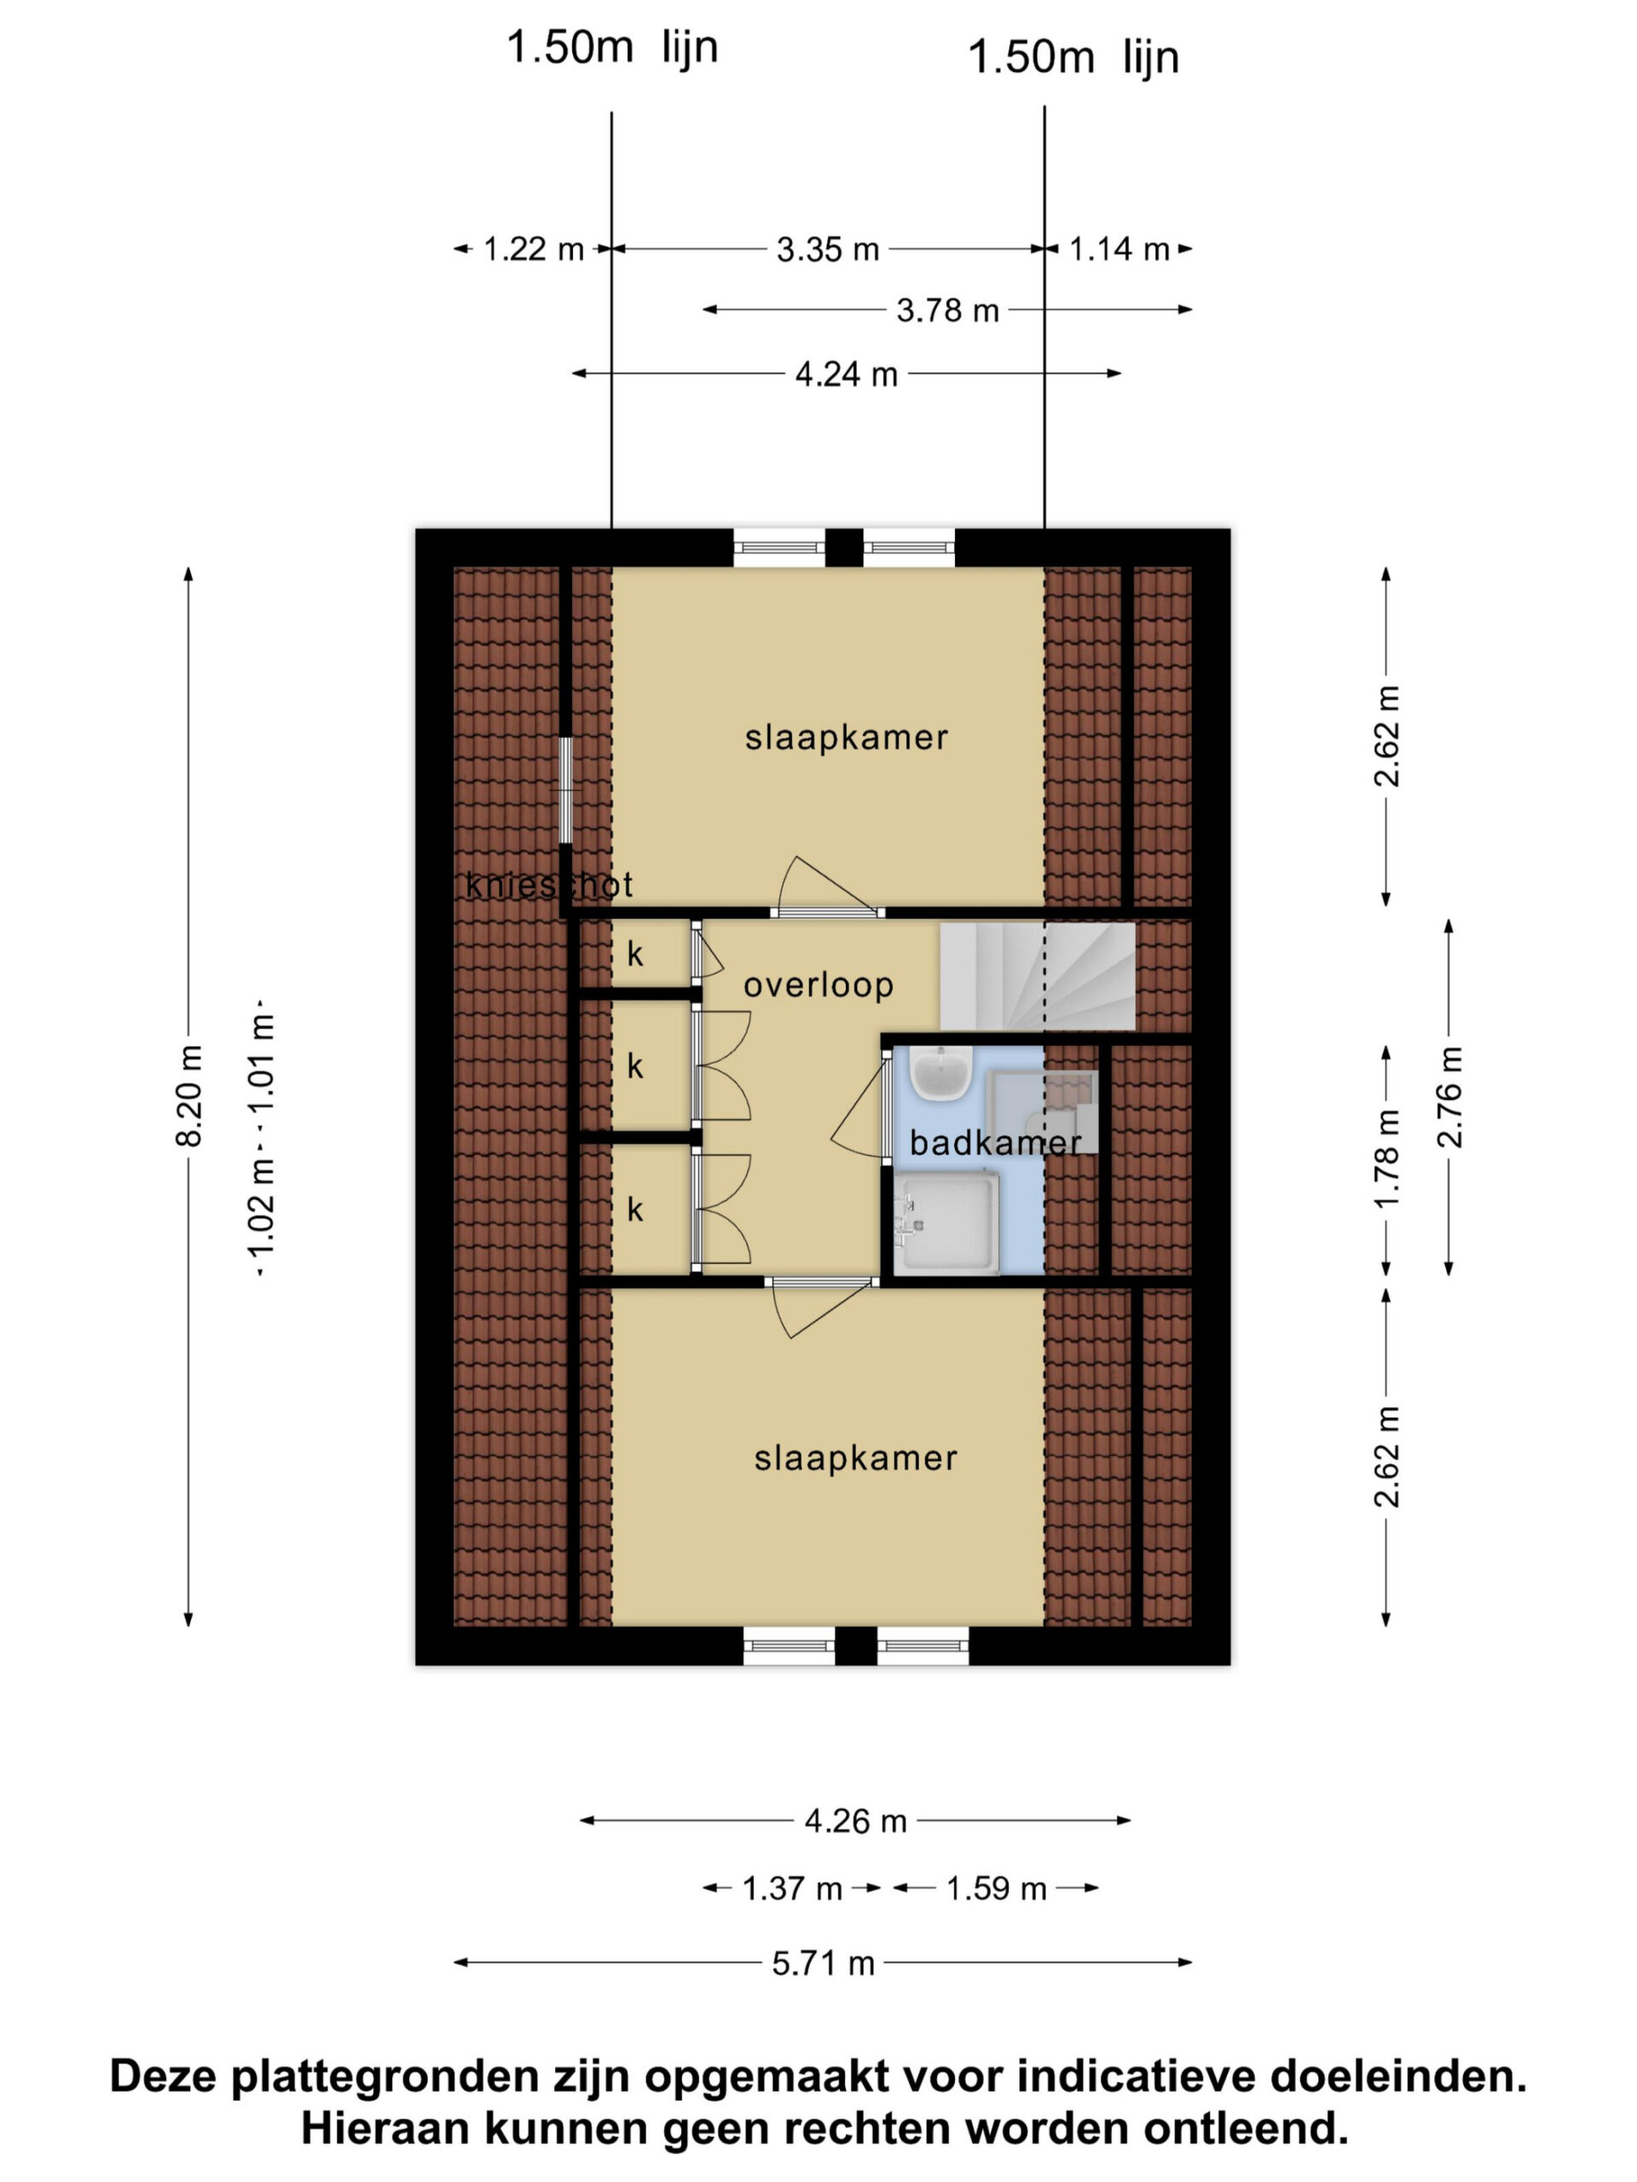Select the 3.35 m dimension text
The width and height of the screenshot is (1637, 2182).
[827, 250]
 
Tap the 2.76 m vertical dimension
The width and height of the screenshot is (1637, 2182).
[1449, 1097]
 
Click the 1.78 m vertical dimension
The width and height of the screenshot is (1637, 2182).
[1386, 1159]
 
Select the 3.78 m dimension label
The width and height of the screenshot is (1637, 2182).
[947, 311]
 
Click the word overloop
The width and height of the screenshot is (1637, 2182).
[818, 984]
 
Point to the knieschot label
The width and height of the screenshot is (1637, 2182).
[548, 885]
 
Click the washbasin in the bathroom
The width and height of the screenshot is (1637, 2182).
[940, 1073]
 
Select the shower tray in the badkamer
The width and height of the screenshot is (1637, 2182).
[946, 1223]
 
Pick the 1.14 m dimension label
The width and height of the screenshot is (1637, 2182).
[1119, 250]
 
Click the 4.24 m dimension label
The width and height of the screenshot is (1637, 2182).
[846, 374]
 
